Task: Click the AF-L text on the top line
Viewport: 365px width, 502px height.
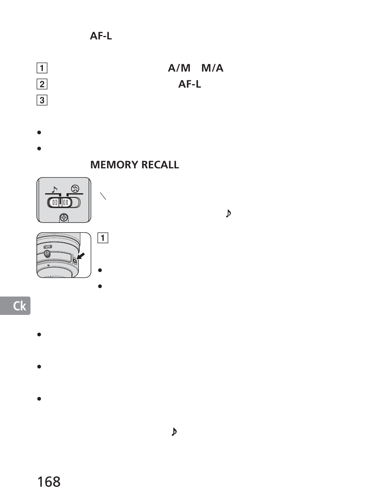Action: click(x=101, y=36)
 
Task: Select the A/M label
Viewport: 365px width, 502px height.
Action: click(x=179, y=68)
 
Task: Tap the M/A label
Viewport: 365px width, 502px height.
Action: click(x=212, y=68)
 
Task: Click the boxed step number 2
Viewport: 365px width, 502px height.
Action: click(x=42, y=84)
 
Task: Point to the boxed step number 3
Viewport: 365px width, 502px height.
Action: click(x=42, y=101)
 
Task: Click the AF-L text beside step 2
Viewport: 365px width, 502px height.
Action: click(x=189, y=84)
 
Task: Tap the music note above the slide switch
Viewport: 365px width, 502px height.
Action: click(x=54, y=189)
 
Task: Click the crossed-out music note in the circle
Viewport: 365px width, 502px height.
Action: click(x=75, y=188)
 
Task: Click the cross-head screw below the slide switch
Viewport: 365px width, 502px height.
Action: click(x=64, y=218)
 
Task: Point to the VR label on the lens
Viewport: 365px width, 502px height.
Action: click(x=48, y=247)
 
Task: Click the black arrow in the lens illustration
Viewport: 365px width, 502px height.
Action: click(x=81, y=256)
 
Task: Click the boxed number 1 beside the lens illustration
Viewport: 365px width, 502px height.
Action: click(x=103, y=238)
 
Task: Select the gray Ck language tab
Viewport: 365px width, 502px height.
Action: click(x=15, y=306)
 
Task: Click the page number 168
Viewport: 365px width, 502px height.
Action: click(x=49, y=482)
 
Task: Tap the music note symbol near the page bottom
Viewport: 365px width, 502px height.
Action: click(x=174, y=432)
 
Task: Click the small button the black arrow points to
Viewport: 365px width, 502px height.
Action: click(x=75, y=261)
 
